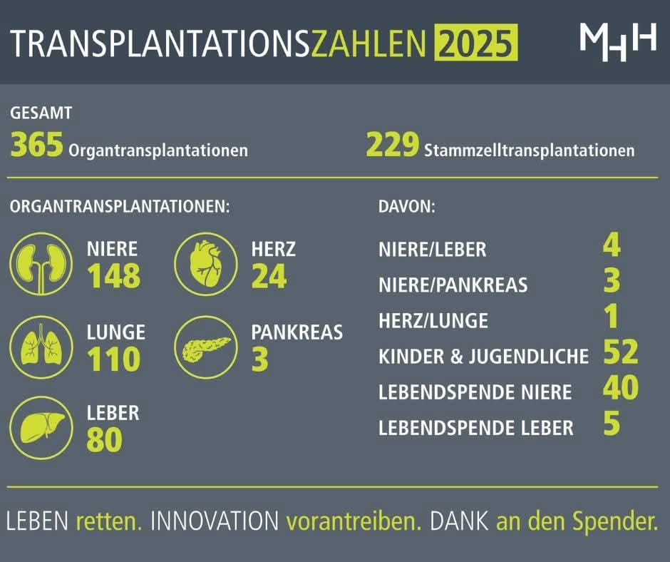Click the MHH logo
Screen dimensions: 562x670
[x=617, y=41]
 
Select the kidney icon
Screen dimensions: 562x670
[x=41, y=263]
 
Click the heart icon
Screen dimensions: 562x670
[x=205, y=263]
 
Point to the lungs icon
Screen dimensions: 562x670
[x=41, y=346]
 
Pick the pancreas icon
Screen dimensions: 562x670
[x=205, y=347]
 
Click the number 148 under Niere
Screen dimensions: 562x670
[x=113, y=277]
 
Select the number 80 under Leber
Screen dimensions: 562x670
[x=104, y=440]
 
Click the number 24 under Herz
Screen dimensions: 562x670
[x=269, y=277]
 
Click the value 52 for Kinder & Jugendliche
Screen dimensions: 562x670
[x=620, y=352]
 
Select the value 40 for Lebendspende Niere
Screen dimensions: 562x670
[x=620, y=388]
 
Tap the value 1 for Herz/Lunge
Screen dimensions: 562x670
[x=611, y=317]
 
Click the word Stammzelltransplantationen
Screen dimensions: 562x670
[x=529, y=150]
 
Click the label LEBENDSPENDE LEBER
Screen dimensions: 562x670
[x=475, y=428]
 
